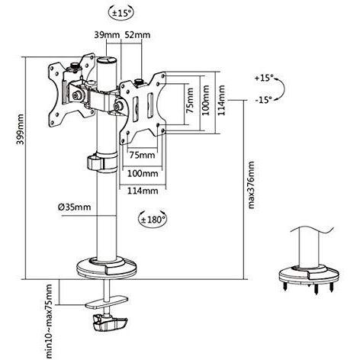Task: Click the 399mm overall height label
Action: click(x=21, y=129)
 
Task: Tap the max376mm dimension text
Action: click(x=251, y=185)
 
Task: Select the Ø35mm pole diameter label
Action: click(x=74, y=207)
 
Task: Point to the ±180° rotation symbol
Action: click(x=153, y=219)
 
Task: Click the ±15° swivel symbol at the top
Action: click(x=121, y=13)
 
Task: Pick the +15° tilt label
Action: click(x=264, y=78)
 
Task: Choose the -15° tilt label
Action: click(x=264, y=100)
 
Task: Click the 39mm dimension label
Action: click(x=107, y=34)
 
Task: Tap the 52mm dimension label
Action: click(x=137, y=34)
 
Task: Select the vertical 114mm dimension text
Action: click(x=221, y=100)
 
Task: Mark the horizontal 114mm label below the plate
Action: click(x=143, y=191)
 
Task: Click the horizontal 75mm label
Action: click(x=142, y=155)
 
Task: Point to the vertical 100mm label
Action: click(x=206, y=100)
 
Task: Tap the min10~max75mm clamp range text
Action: click(x=47, y=322)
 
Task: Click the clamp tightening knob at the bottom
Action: click(x=110, y=323)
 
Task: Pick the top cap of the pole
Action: click(x=107, y=60)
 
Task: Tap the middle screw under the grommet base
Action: click(x=316, y=288)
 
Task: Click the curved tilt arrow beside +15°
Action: click(x=282, y=89)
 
